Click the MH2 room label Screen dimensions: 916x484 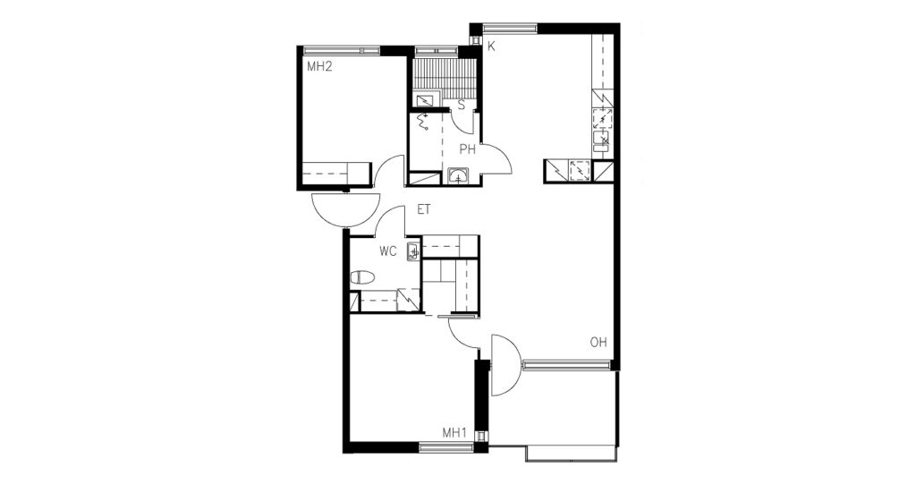click(x=319, y=66)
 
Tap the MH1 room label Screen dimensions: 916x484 click(x=454, y=433)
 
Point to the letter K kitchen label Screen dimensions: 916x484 click(x=491, y=47)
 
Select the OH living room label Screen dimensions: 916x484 click(x=598, y=343)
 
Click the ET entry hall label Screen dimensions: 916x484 click(x=423, y=210)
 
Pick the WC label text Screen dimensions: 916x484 click(x=388, y=251)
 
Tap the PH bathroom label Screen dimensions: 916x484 click(x=467, y=149)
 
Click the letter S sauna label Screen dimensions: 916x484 click(x=461, y=106)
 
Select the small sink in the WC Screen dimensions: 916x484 click(x=413, y=251)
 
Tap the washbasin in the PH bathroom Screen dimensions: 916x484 click(x=459, y=176)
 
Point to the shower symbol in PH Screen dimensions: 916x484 click(x=422, y=122)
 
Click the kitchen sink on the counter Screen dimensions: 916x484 click(x=602, y=140)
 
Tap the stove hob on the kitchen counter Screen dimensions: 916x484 click(x=602, y=119)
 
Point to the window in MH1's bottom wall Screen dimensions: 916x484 click(x=445, y=447)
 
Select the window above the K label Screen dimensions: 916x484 click(x=509, y=28)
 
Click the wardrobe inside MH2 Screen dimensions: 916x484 click(x=336, y=173)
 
